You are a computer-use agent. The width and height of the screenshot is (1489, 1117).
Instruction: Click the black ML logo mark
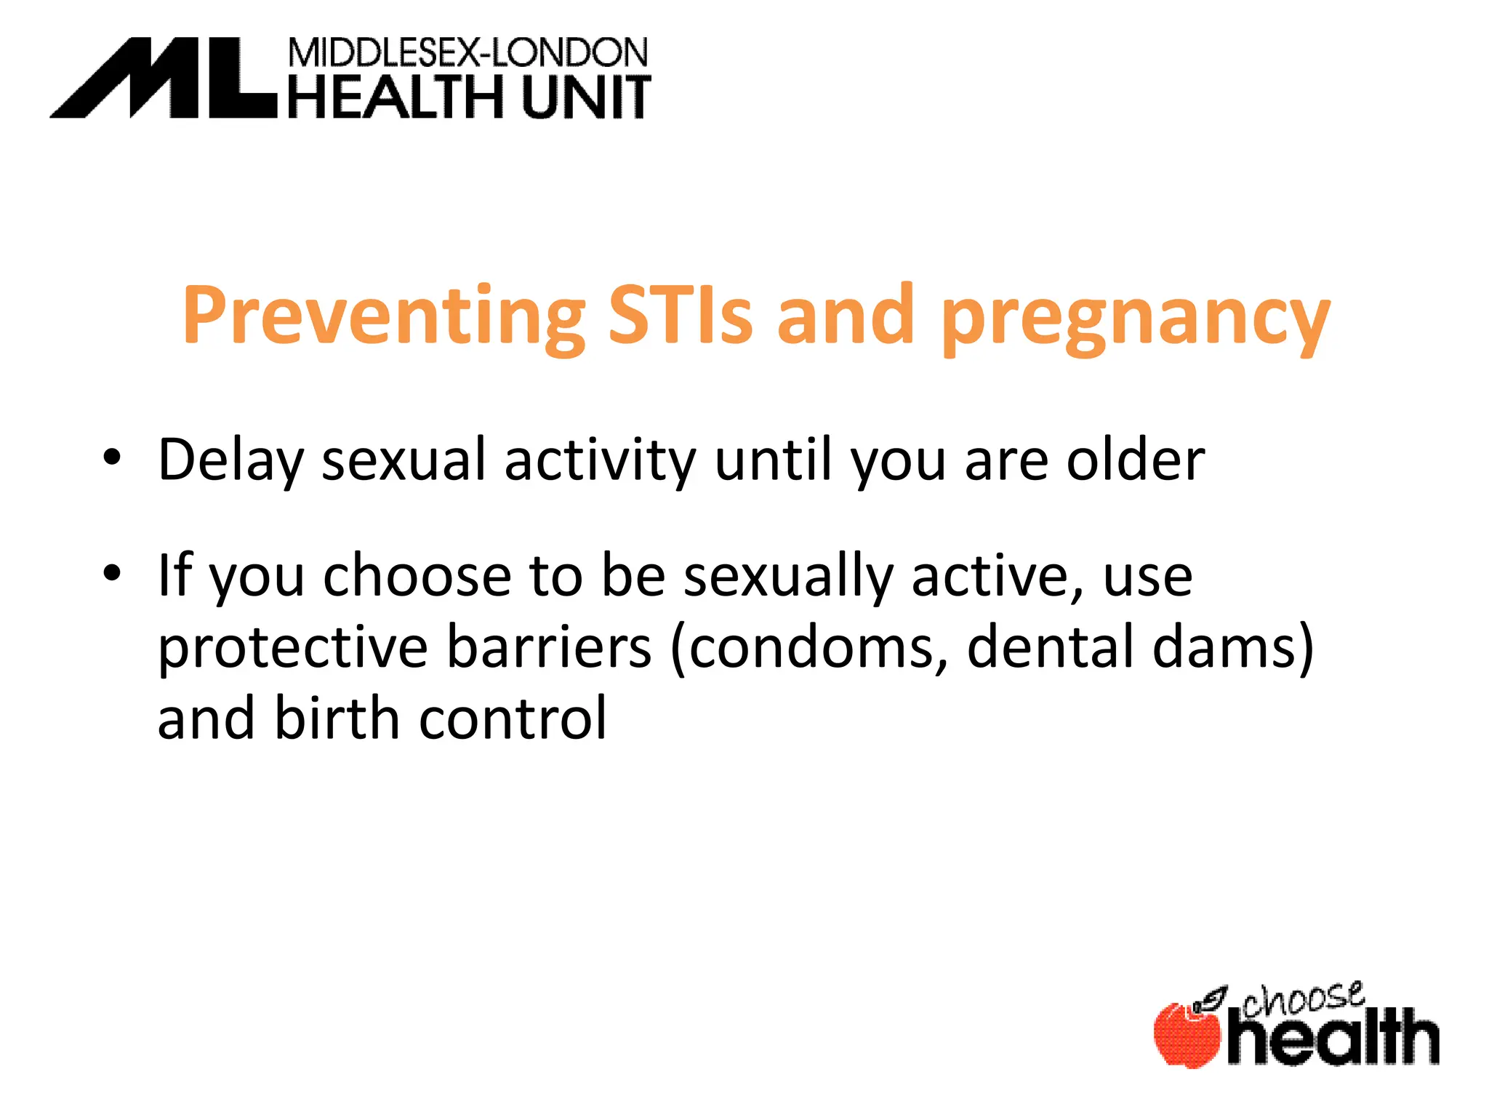point(164,79)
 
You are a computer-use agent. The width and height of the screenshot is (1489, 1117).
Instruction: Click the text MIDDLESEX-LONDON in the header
point(467,53)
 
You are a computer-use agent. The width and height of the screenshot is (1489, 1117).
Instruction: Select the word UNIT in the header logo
point(586,97)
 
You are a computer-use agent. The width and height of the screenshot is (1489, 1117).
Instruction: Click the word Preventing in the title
point(383,316)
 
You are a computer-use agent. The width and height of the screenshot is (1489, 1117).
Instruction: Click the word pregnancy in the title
point(1135,320)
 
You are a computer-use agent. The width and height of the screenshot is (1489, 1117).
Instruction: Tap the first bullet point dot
point(111,457)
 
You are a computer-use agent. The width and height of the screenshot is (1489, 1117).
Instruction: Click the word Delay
point(230,461)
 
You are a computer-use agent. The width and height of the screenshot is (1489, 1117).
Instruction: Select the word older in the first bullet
point(1135,460)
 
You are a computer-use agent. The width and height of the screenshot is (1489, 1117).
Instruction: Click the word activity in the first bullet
point(600,461)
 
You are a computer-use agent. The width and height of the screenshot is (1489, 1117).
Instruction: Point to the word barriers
point(549,646)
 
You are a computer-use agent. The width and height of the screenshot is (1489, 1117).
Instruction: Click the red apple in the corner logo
point(1187,1036)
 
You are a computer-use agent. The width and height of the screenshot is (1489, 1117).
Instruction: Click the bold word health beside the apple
point(1333,1037)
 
